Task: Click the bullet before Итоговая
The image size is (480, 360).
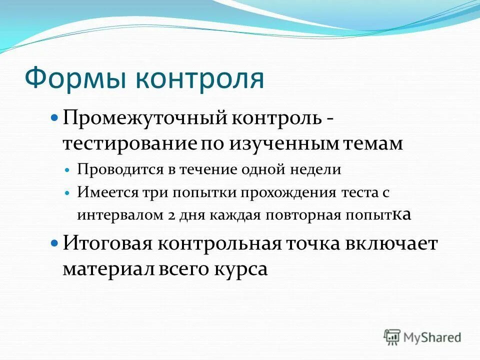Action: [55, 244]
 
